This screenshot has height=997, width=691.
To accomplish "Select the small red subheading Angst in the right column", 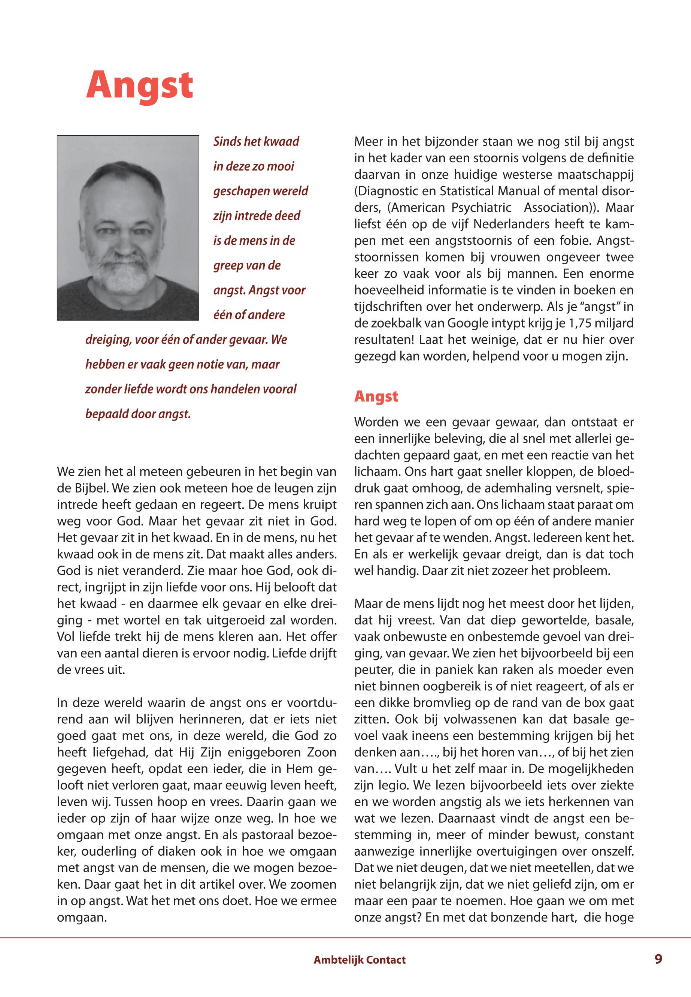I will [x=376, y=397].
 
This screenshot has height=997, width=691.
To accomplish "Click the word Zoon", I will [x=322, y=753].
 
